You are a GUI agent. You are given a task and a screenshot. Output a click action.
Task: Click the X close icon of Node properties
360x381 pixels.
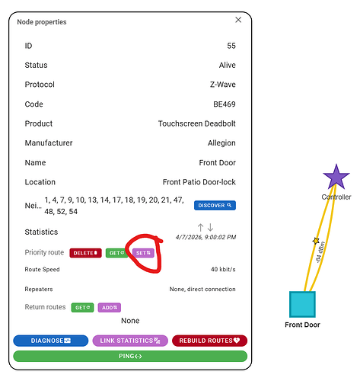tap(238, 20)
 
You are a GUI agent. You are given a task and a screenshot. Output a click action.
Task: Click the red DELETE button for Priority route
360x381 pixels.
tap(85, 253)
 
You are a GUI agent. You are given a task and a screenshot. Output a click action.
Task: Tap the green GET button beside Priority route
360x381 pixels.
tap(116, 253)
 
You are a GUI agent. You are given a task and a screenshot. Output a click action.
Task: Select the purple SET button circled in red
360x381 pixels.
tap(143, 253)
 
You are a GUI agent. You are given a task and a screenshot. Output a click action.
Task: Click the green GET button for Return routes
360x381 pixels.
tap(82, 307)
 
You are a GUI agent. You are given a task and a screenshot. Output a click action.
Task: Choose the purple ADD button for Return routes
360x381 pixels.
tap(110, 307)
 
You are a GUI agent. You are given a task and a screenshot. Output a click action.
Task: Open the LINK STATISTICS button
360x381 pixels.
tap(130, 341)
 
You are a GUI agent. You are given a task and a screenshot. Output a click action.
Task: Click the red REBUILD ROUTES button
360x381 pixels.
tap(209, 341)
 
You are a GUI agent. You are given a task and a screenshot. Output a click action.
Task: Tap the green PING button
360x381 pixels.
tap(130, 356)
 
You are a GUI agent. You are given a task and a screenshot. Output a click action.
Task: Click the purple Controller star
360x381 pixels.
tap(336, 178)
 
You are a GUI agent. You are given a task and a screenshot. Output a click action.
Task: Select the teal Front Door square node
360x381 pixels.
tap(302, 304)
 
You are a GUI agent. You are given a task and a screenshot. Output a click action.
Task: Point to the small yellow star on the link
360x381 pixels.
tap(316, 241)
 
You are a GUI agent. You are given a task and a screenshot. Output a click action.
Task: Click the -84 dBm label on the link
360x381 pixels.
tap(320, 252)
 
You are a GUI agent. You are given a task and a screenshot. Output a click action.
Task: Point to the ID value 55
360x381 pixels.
tap(231, 46)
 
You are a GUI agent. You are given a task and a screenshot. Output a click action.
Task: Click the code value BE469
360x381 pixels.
tap(225, 104)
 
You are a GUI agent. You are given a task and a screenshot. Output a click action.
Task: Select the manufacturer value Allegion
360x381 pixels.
tap(221, 143)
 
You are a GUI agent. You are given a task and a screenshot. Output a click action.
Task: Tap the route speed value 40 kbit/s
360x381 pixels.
tap(223, 269)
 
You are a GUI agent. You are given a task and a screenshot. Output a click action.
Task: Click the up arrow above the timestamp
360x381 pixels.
tap(200, 227)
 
